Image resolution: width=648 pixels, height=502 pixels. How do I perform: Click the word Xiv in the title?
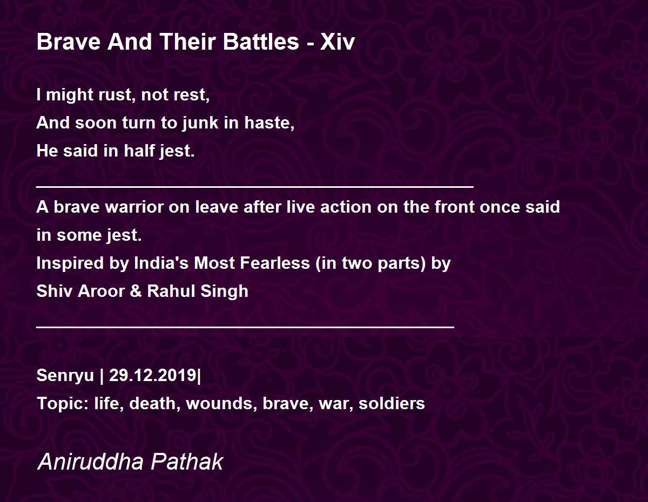click(x=337, y=42)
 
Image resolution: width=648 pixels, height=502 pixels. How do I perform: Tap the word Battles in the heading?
click(x=261, y=42)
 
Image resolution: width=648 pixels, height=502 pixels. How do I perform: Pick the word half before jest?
click(x=139, y=151)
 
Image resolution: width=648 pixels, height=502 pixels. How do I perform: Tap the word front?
click(x=455, y=207)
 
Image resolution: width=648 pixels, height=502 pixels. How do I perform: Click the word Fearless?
click(x=275, y=263)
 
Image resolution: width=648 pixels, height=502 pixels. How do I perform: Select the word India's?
click(x=161, y=263)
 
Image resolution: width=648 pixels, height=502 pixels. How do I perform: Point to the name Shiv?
click(x=55, y=291)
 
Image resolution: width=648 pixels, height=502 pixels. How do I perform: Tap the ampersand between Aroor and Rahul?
click(x=136, y=291)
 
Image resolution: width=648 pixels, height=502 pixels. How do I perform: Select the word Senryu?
click(x=65, y=375)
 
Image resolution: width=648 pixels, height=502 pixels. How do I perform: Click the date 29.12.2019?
click(x=153, y=375)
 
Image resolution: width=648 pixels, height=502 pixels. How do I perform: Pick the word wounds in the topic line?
click(x=221, y=404)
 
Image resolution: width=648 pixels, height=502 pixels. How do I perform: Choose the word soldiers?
click(x=391, y=404)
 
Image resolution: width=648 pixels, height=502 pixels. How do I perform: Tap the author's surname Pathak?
click(x=187, y=462)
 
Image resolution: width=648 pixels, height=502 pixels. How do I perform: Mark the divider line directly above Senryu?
click(x=245, y=327)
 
